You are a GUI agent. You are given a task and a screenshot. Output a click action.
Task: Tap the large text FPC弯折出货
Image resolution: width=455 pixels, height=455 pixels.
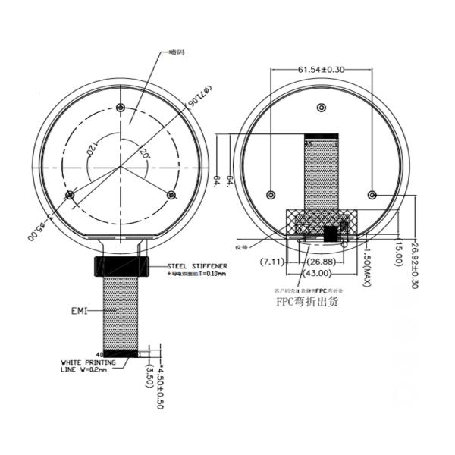click(x=307, y=302)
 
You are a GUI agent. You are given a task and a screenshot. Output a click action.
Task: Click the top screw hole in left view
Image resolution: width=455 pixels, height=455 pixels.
click(x=121, y=107)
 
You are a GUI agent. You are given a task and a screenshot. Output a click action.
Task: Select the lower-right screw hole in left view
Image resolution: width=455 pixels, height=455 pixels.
click(x=171, y=195)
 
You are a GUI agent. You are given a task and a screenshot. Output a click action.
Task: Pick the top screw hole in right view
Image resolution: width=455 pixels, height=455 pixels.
click(x=322, y=109)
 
